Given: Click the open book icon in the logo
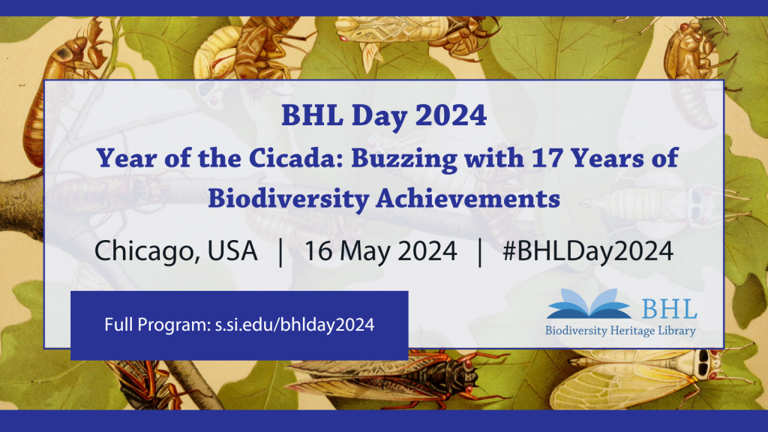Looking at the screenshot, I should [588, 305].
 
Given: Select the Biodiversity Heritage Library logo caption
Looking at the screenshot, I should [620, 331].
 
